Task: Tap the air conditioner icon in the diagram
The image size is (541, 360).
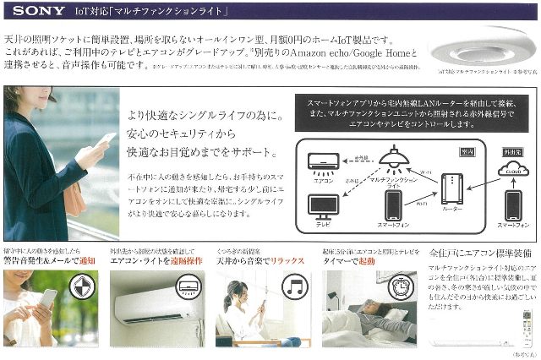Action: (x=324, y=159)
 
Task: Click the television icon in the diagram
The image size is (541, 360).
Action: (x=322, y=206)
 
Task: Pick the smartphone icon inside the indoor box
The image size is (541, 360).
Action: (x=394, y=205)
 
